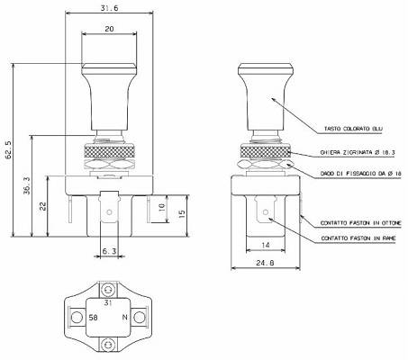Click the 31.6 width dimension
[109, 8]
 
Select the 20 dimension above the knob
[109, 29]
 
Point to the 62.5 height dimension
[8, 149]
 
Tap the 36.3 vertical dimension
[27, 185]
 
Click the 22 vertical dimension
[43, 206]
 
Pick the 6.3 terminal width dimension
[109, 251]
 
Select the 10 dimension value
[161, 206]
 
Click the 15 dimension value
[182, 213]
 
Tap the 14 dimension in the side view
[266, 245]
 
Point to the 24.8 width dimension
[265, 263]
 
